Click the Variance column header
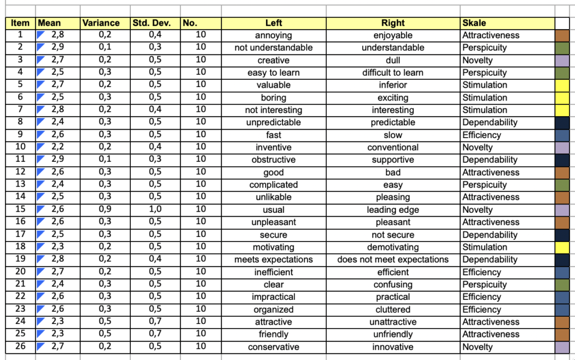pos(101,23)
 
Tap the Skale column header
pos(474,23)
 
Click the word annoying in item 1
pos(273,35)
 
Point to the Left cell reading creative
pos(273,60)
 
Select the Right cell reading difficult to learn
pos(393,72)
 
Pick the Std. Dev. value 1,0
pos(155,210)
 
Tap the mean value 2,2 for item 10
pos(57,148)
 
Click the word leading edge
pos(393,210)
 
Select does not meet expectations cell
pos(393,259)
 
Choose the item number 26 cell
pos(20,347)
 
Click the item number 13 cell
pos(20,185)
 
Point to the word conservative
pos(273,347)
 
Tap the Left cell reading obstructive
pos(273,160)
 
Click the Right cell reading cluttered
pos(393,309)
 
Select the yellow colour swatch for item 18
pos(562,247)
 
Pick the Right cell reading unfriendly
pos(393,334)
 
